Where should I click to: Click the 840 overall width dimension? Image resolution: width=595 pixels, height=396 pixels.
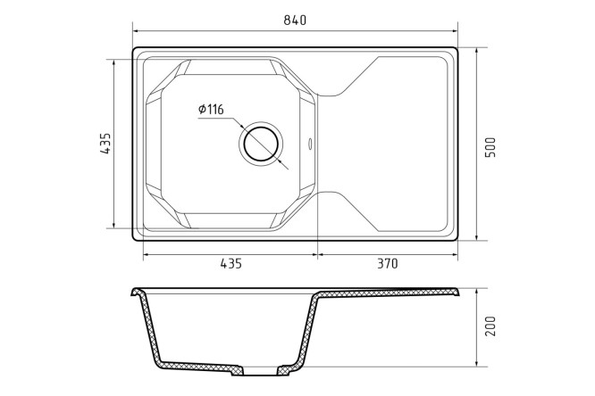(x=295, y=20)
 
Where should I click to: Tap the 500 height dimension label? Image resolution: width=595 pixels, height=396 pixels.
(x=490, y=147)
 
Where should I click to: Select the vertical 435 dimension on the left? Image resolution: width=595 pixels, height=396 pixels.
(x=105, y=144)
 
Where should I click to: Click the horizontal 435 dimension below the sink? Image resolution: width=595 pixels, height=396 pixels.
(x=230, y=263)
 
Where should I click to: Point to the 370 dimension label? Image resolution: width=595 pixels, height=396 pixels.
(x=388, y=263)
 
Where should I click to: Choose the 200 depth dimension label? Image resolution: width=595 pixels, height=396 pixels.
(x=490, y=326)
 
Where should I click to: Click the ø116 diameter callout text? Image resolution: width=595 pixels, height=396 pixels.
(x=211, y=110)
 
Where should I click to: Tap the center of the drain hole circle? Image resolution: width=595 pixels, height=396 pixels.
(x=261, y=144)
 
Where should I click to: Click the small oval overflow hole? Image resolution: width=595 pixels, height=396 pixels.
(x=310, y=144)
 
